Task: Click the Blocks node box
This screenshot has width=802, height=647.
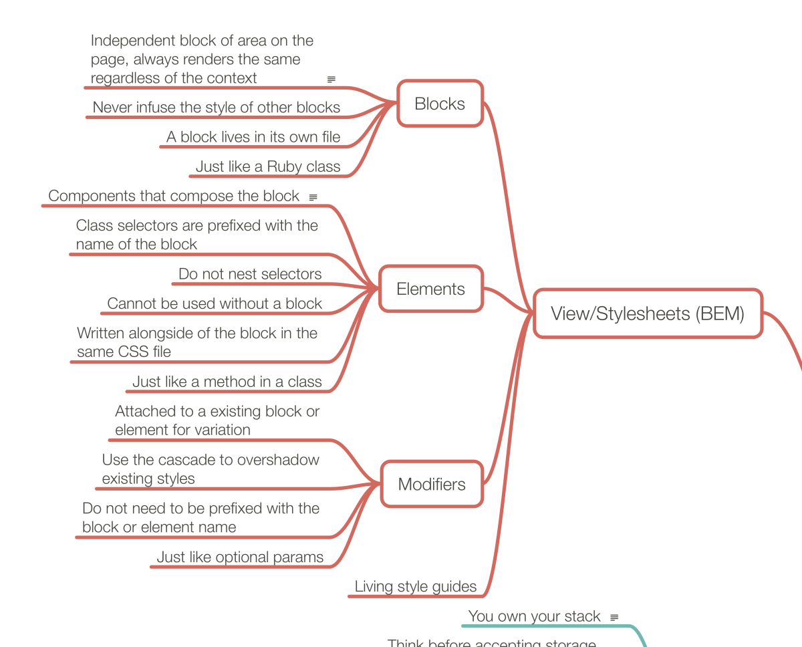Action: coord(440,104)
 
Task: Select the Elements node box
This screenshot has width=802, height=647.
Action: coord(430,289)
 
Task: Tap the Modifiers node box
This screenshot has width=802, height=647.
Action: coord(432,484)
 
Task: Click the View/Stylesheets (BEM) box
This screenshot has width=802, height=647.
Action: coord(647,313)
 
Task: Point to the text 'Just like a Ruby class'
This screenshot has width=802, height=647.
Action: coord(268,166)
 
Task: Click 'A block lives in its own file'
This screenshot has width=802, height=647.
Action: coord(253,137)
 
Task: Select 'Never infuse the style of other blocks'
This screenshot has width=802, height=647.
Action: coord(217,107)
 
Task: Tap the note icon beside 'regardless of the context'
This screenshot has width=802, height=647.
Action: coord(331,80)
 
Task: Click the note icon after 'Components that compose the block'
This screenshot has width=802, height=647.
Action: coord(313,198)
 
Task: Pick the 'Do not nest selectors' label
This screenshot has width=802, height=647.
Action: coord(250,274)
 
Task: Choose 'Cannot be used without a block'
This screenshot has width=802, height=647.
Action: coord(215,303)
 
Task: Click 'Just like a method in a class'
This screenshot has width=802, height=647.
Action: coord(227,382)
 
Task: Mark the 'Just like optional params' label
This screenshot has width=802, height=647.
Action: coord(240,557)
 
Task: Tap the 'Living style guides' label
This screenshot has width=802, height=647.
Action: coord(415,587)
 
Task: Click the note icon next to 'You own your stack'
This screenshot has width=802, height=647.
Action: coord(614,618)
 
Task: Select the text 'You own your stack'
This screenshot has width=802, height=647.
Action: coord(534,616)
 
